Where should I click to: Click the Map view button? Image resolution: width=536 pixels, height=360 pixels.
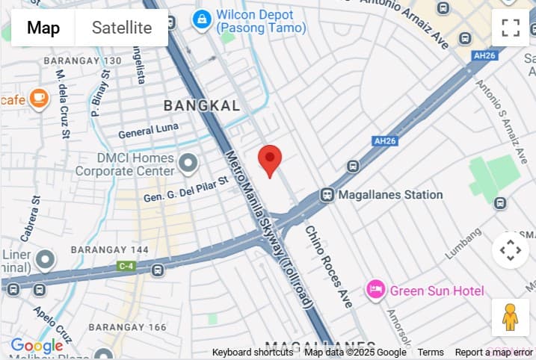click(x=43, y=28)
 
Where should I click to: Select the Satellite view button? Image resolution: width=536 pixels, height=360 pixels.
click(x=122, y=28)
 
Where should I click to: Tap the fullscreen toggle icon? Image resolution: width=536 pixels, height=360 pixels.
click(x=511, y=28)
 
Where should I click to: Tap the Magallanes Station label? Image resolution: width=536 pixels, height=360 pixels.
click(x=390, y=195)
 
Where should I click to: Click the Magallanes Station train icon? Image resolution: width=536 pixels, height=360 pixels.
click(x=327, y=195)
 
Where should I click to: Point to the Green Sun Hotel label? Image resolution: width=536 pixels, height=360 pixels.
click(x=437, y=291)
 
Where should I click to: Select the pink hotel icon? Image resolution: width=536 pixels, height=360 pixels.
click(x=375, y=290)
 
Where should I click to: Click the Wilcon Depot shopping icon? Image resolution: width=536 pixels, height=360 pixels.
click(x=201, y=19)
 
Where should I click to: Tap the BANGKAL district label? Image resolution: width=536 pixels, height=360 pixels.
click(x=202, y=106)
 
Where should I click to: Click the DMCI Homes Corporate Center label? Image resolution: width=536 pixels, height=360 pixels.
click(x=125, y=165)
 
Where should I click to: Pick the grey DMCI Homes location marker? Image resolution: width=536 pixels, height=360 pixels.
click(x=188, y=161)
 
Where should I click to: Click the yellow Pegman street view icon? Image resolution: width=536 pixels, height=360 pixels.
click(x=510, y=317)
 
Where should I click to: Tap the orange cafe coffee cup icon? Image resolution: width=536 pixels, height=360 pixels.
click(x=38, y=98)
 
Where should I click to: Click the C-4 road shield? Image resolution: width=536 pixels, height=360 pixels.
click(x=125, y=264)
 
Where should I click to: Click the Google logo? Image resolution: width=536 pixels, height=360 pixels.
click(x=36, y=346)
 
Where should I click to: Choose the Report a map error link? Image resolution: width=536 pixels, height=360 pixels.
click(x=494, y=353)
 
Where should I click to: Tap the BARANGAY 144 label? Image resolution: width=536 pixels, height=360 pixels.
click(x=104, y=249)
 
